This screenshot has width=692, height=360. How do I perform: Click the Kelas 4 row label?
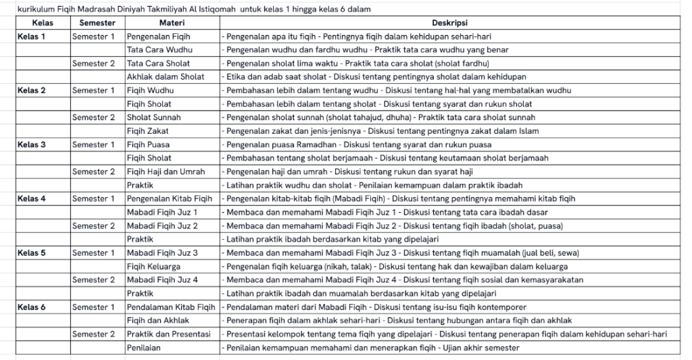[x=32, y=199]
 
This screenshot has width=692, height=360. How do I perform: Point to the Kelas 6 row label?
[x=32, y=307]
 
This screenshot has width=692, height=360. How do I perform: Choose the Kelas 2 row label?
[x=32, y=91]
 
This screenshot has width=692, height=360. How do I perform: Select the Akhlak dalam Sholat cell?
[x=166, y=77]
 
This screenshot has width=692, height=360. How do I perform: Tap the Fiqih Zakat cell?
[x=148, y=131]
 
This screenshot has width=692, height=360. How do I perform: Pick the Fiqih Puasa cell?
[x=149, y=145]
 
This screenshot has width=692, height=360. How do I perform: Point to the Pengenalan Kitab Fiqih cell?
[x=171, y=199]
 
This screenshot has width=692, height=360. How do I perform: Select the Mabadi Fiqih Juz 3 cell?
[x=162, y=253]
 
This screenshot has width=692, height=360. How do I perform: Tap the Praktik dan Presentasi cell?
[x=169, y=334]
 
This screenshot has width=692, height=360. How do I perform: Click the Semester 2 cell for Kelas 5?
[x=94, y=280]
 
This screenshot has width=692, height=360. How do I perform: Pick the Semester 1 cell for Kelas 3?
[x=94, y=145]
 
